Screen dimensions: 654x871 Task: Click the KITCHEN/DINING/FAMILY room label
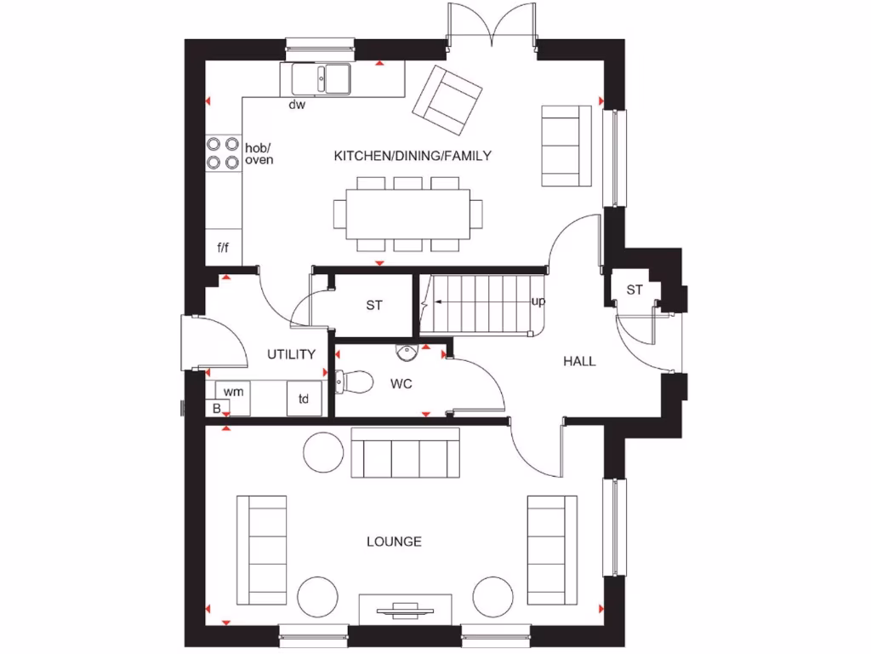pos(413,156)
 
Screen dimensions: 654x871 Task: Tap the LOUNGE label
pos(394,542)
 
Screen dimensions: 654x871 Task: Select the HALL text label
pos(579,361)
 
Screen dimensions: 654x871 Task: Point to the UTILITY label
pos(292,354)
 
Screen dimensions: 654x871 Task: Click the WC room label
pos(401,384)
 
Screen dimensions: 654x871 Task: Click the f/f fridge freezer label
pos(223,249)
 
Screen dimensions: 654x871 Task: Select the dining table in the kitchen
pos(408,214)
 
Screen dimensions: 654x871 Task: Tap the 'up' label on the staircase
pos(538,301)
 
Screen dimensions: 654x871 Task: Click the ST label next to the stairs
pos(374,305)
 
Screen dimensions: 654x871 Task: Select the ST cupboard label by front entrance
pos(635,290)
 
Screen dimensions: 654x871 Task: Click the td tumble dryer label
pos(304,398)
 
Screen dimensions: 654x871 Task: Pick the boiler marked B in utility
pos(216,409)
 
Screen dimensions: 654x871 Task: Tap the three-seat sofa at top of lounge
pos(406,454)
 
